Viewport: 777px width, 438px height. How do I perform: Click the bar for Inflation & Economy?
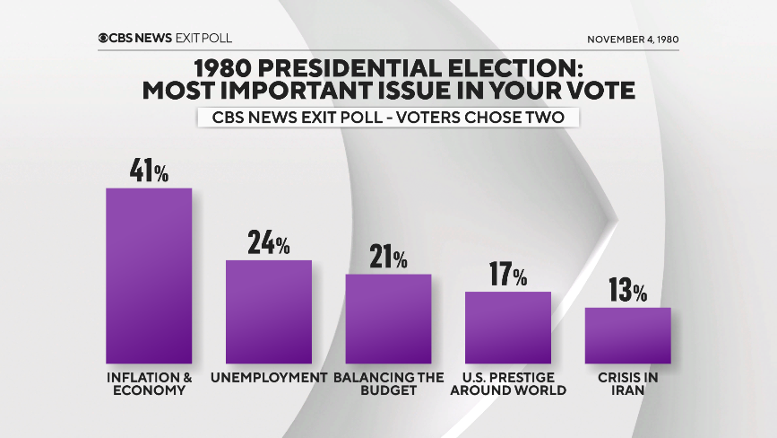pos(149,276)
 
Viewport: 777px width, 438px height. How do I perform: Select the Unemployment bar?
pos(269,311)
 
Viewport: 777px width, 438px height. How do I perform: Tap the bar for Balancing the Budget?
pos(389,319)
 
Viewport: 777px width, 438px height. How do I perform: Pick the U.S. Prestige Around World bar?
pos(508,328)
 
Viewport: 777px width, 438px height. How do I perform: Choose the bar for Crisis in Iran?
pos(628,336)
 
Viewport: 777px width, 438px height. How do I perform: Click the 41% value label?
pos(149,171)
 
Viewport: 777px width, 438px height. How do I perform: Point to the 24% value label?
pos(269,243)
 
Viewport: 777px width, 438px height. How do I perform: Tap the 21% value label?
pos(389,258)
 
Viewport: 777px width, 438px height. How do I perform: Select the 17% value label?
pos(508,275)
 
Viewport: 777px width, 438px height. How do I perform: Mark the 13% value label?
pos(628,292)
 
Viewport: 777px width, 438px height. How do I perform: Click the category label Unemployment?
pos(269,378)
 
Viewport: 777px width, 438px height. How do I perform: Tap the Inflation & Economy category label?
pos(149,384)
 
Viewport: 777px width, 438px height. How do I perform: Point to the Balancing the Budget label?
pos(389,384)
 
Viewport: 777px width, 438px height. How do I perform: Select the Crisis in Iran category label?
pos(628,384)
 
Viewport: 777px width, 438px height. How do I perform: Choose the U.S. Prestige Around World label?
pos(508,384)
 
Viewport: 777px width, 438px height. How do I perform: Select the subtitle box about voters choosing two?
pos(388,118)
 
